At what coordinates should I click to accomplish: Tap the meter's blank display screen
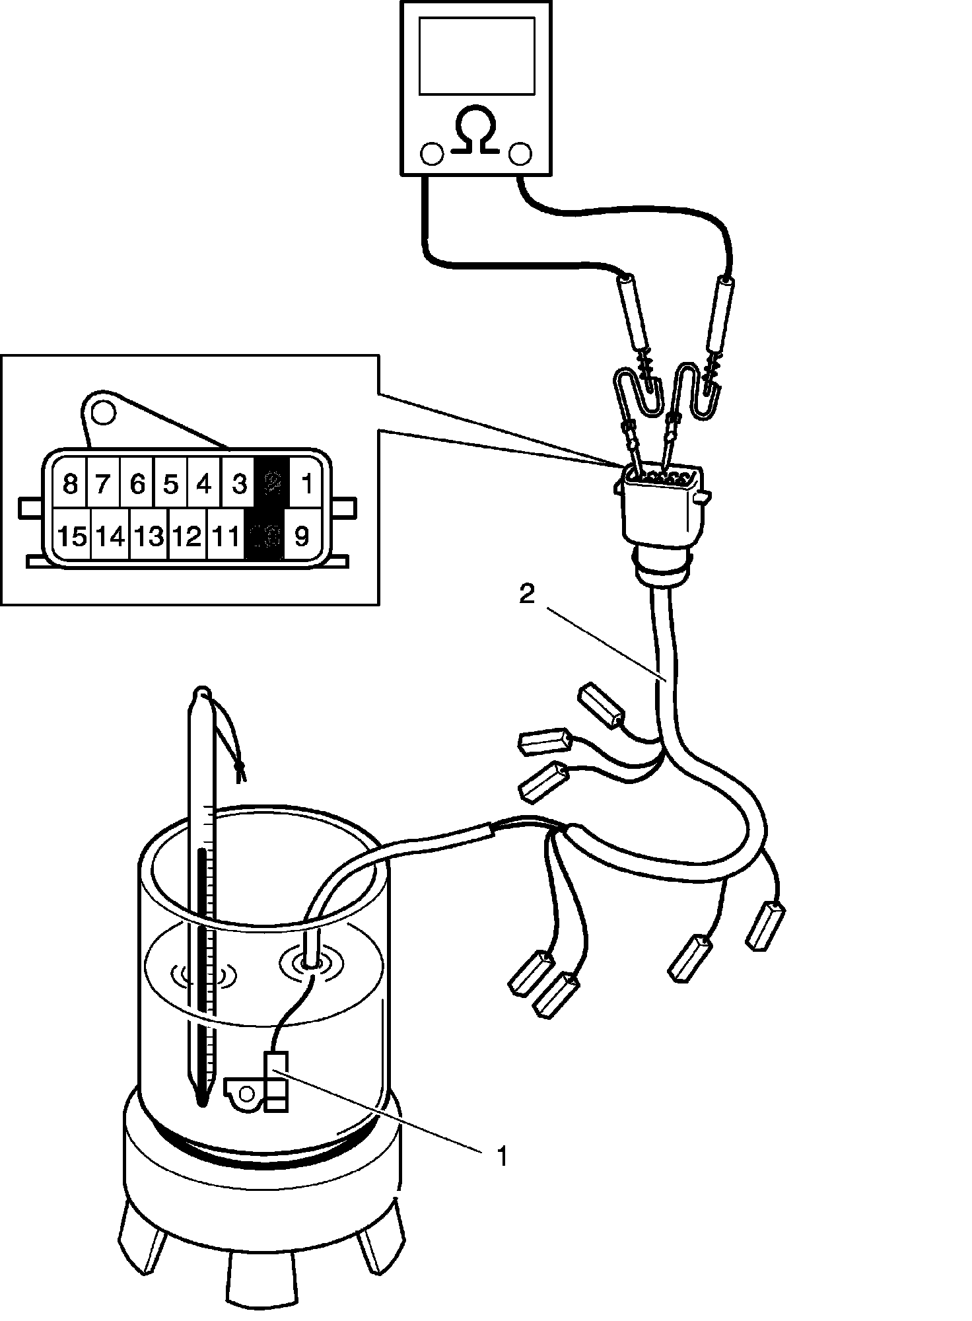point(477,55)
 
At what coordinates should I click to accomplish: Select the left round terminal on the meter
point(432,153)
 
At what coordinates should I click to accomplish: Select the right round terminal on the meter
point(520,153)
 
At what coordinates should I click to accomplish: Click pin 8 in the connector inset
point(70,484)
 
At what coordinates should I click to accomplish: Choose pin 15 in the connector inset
point(72,536)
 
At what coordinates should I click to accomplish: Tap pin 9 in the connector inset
point(301,536)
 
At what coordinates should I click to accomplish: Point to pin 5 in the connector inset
point(170,484)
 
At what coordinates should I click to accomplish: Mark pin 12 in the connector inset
point(188,536)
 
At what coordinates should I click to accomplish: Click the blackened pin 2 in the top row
point(273,484)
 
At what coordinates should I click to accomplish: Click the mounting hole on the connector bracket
point(103,413)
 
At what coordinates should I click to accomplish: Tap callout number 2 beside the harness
point(526,594)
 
